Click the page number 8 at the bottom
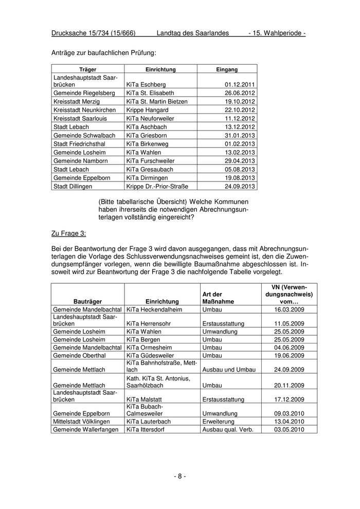(x=179, y=476)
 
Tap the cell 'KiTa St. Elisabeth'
(x=150, y=93)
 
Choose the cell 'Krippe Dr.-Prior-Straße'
(x=157, y=186)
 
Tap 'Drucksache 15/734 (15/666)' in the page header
(x=93, y=33)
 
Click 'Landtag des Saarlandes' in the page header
(x=192, y=33)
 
